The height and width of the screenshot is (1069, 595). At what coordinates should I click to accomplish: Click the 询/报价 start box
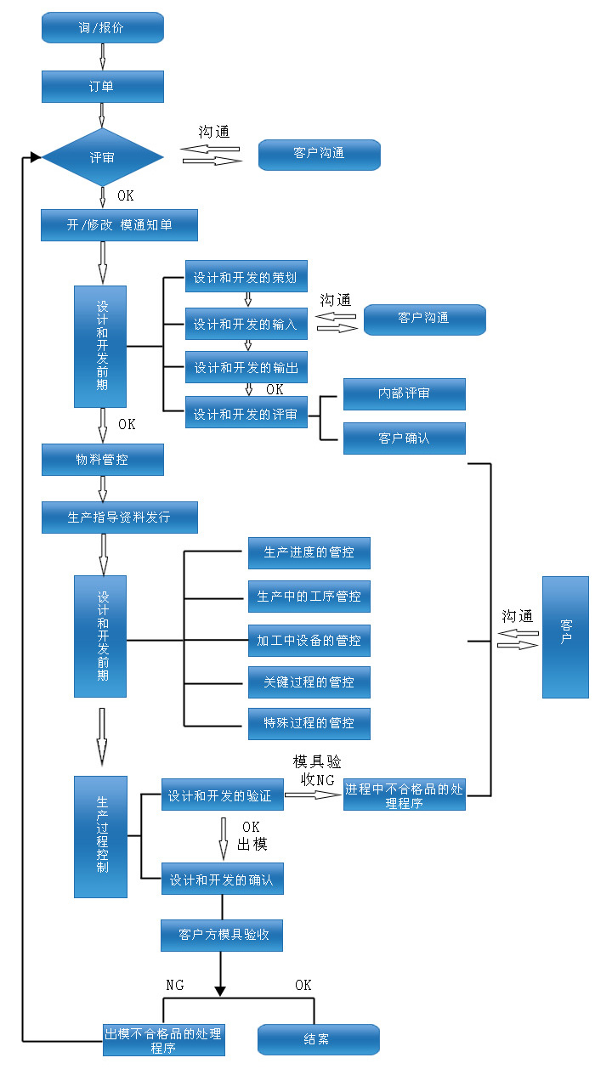pos(102,27)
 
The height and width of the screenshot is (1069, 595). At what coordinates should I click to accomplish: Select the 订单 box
pos(102,87)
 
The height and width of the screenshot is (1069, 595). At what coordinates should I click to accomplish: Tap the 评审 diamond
pos(102,157)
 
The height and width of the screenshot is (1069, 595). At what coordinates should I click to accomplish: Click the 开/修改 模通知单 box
pos(119,225)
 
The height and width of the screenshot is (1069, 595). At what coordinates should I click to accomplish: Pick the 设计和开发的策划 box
pos(246,277)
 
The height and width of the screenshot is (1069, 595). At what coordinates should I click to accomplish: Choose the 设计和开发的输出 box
pos(246,367)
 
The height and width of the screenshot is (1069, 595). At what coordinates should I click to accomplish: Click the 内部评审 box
pos(404,393)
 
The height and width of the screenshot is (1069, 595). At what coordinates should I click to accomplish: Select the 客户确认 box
pos(404,438)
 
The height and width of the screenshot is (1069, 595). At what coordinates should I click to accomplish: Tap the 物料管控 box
pos(102,460)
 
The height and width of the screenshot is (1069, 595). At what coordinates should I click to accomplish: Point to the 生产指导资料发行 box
pos(119,517)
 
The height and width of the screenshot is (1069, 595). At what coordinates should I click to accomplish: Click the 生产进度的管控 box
pos(309,552)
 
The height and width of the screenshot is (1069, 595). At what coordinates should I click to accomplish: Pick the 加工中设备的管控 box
pos(309,640)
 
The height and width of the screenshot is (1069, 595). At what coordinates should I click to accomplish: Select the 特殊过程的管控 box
pos(309,723)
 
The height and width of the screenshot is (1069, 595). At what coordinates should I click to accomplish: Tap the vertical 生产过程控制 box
pos(100,836)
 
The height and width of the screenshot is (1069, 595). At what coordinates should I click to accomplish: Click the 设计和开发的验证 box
pos(222,795)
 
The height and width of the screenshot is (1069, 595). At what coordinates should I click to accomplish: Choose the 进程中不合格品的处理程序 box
pos(404,795)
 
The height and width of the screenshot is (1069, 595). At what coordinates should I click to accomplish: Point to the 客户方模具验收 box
pos(221,935)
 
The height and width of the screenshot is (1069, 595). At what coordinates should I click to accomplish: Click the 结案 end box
pos(318,1039)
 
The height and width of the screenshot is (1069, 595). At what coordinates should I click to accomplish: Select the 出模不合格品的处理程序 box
pos(163,1039)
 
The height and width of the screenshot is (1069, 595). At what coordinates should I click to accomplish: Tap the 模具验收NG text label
pos(317,770)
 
